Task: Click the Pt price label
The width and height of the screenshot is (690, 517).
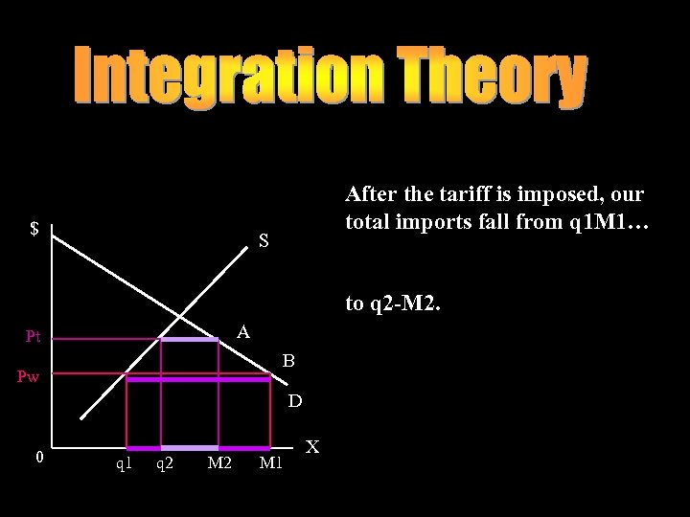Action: (x=34, y=336)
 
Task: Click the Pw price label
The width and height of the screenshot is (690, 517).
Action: (x=29, y=378)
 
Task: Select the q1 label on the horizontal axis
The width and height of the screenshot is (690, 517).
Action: (x=124, y=464)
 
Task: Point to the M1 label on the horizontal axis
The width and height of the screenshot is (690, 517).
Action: (x=272, y=464)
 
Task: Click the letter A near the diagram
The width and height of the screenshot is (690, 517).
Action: (x=243, y=331)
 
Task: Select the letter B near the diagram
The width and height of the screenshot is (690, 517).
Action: (x=288, y=362)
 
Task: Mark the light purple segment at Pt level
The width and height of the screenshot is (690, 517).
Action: (x=189, y=339)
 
